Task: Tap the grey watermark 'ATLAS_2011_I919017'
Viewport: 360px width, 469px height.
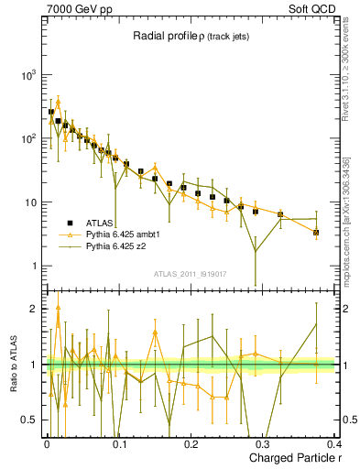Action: (190, 272)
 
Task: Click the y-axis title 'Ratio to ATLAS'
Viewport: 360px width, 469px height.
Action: (13, 364)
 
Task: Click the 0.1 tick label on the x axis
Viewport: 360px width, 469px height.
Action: (118, 445)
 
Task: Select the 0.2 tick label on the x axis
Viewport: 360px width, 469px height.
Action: (191, 445)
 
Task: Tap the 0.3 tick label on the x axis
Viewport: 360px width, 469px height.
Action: (263, 445)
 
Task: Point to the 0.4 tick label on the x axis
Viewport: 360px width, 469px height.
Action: (333, 445)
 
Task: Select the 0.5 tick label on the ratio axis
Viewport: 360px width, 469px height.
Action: (28, 420)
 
